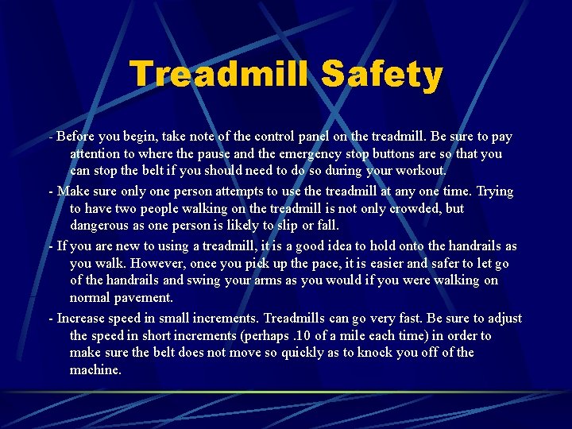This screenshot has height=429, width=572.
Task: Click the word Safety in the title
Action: [381, 75]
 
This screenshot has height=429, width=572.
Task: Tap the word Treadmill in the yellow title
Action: [220, 75]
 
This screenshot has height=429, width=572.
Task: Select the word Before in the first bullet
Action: [75, 136]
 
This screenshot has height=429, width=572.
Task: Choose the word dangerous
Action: [100, 226]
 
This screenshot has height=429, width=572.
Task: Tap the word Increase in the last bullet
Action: [82, 318]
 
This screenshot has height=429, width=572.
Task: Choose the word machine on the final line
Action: [95, 370]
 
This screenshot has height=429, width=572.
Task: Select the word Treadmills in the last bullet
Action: [296, 318]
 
